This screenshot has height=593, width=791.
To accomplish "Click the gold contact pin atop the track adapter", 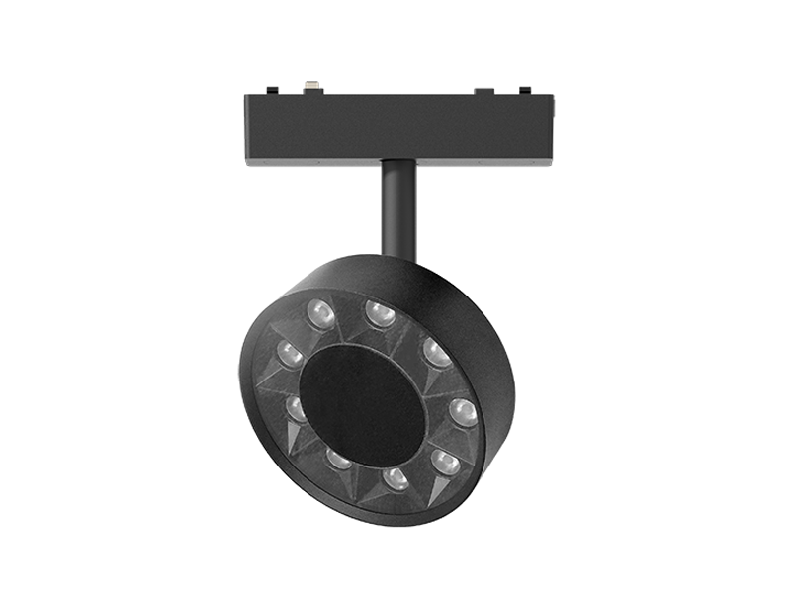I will pyautogui.click(x=313, y=87).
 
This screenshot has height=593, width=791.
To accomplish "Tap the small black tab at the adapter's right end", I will pyautogui.click(x=525, y=91).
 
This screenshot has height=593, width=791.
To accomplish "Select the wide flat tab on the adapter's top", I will pyautogui.click(x=483, y=91).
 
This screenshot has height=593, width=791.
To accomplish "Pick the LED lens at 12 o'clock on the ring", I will pyautogui.click(x=380, y=314).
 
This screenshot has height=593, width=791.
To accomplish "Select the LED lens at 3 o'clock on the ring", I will pyautogui.click(x=463, y=411).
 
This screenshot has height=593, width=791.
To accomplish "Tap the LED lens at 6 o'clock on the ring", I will pyautogui.click(x=395, y=479).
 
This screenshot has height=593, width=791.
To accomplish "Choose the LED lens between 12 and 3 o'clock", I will pyautogui.click(x=436, y=352).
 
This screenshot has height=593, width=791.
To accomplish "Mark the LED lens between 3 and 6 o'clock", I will pyautogui.click(x=445, y=462).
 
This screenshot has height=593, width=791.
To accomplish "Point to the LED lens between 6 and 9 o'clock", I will pyautogui.click(x=338, y=459).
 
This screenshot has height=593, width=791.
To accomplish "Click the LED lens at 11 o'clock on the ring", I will pyautogui.click(x=320, y=314).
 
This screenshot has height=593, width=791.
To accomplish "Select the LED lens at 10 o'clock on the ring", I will pyautogui.click(x=289, y=353).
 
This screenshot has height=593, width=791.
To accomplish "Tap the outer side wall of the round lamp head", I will pyautogui.click(x=484, y=326).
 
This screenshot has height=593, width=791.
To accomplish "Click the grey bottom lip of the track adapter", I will pyautogui.click(x=395, y=161).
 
